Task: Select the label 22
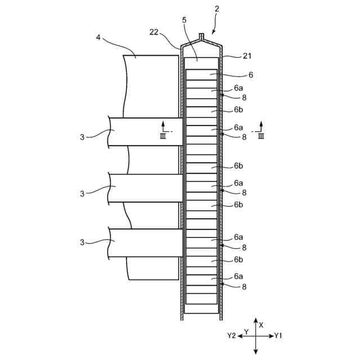pyautogui.click(x=154, y=32)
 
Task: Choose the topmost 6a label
pyautogui.click(x=238, y=89)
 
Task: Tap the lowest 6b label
pyautogui.click(x=238, y=260)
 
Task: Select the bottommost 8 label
pyautogui.click(x=244, y=286)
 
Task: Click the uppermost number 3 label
pyautogui.click(x=83, y=137)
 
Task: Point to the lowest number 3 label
pyautogui.click(x=83, y=242)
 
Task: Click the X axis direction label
pyautogui.click(x=261, y=325)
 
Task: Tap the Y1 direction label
pyautogui.click(x=278, y=336)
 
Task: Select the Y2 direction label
pyautogui.click(x=231, y=336)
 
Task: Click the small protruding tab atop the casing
pyautogui.click(x=201, y=37)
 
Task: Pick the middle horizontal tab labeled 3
pyautogui.click(x=146, y=188)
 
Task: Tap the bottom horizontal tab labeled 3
pyautogui.click(x=146, y=242)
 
